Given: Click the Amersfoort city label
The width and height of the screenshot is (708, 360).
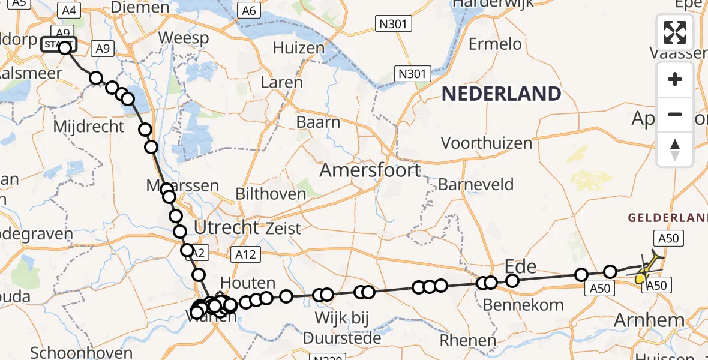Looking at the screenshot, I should (370, 170).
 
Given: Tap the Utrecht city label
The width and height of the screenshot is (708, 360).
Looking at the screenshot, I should (226, 227).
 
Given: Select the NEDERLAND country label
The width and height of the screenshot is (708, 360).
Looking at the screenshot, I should (501, 94).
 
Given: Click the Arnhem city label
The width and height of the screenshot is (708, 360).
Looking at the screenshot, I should (650, 320).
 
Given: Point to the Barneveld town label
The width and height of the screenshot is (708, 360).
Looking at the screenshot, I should (476, 184).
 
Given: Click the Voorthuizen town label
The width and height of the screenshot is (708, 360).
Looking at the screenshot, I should (487, 143).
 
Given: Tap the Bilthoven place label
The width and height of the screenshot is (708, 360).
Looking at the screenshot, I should (271, 194).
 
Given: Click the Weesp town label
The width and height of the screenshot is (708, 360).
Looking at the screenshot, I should (183, 38).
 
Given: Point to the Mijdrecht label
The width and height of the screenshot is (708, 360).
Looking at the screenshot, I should (89, 127).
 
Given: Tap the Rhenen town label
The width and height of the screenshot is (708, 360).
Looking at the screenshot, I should (468, 341).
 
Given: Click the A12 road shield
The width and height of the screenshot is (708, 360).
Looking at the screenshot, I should (245, 255).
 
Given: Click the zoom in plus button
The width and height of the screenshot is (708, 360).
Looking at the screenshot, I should (675, 79).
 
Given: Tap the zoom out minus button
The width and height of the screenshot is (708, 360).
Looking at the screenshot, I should (675, 115).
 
